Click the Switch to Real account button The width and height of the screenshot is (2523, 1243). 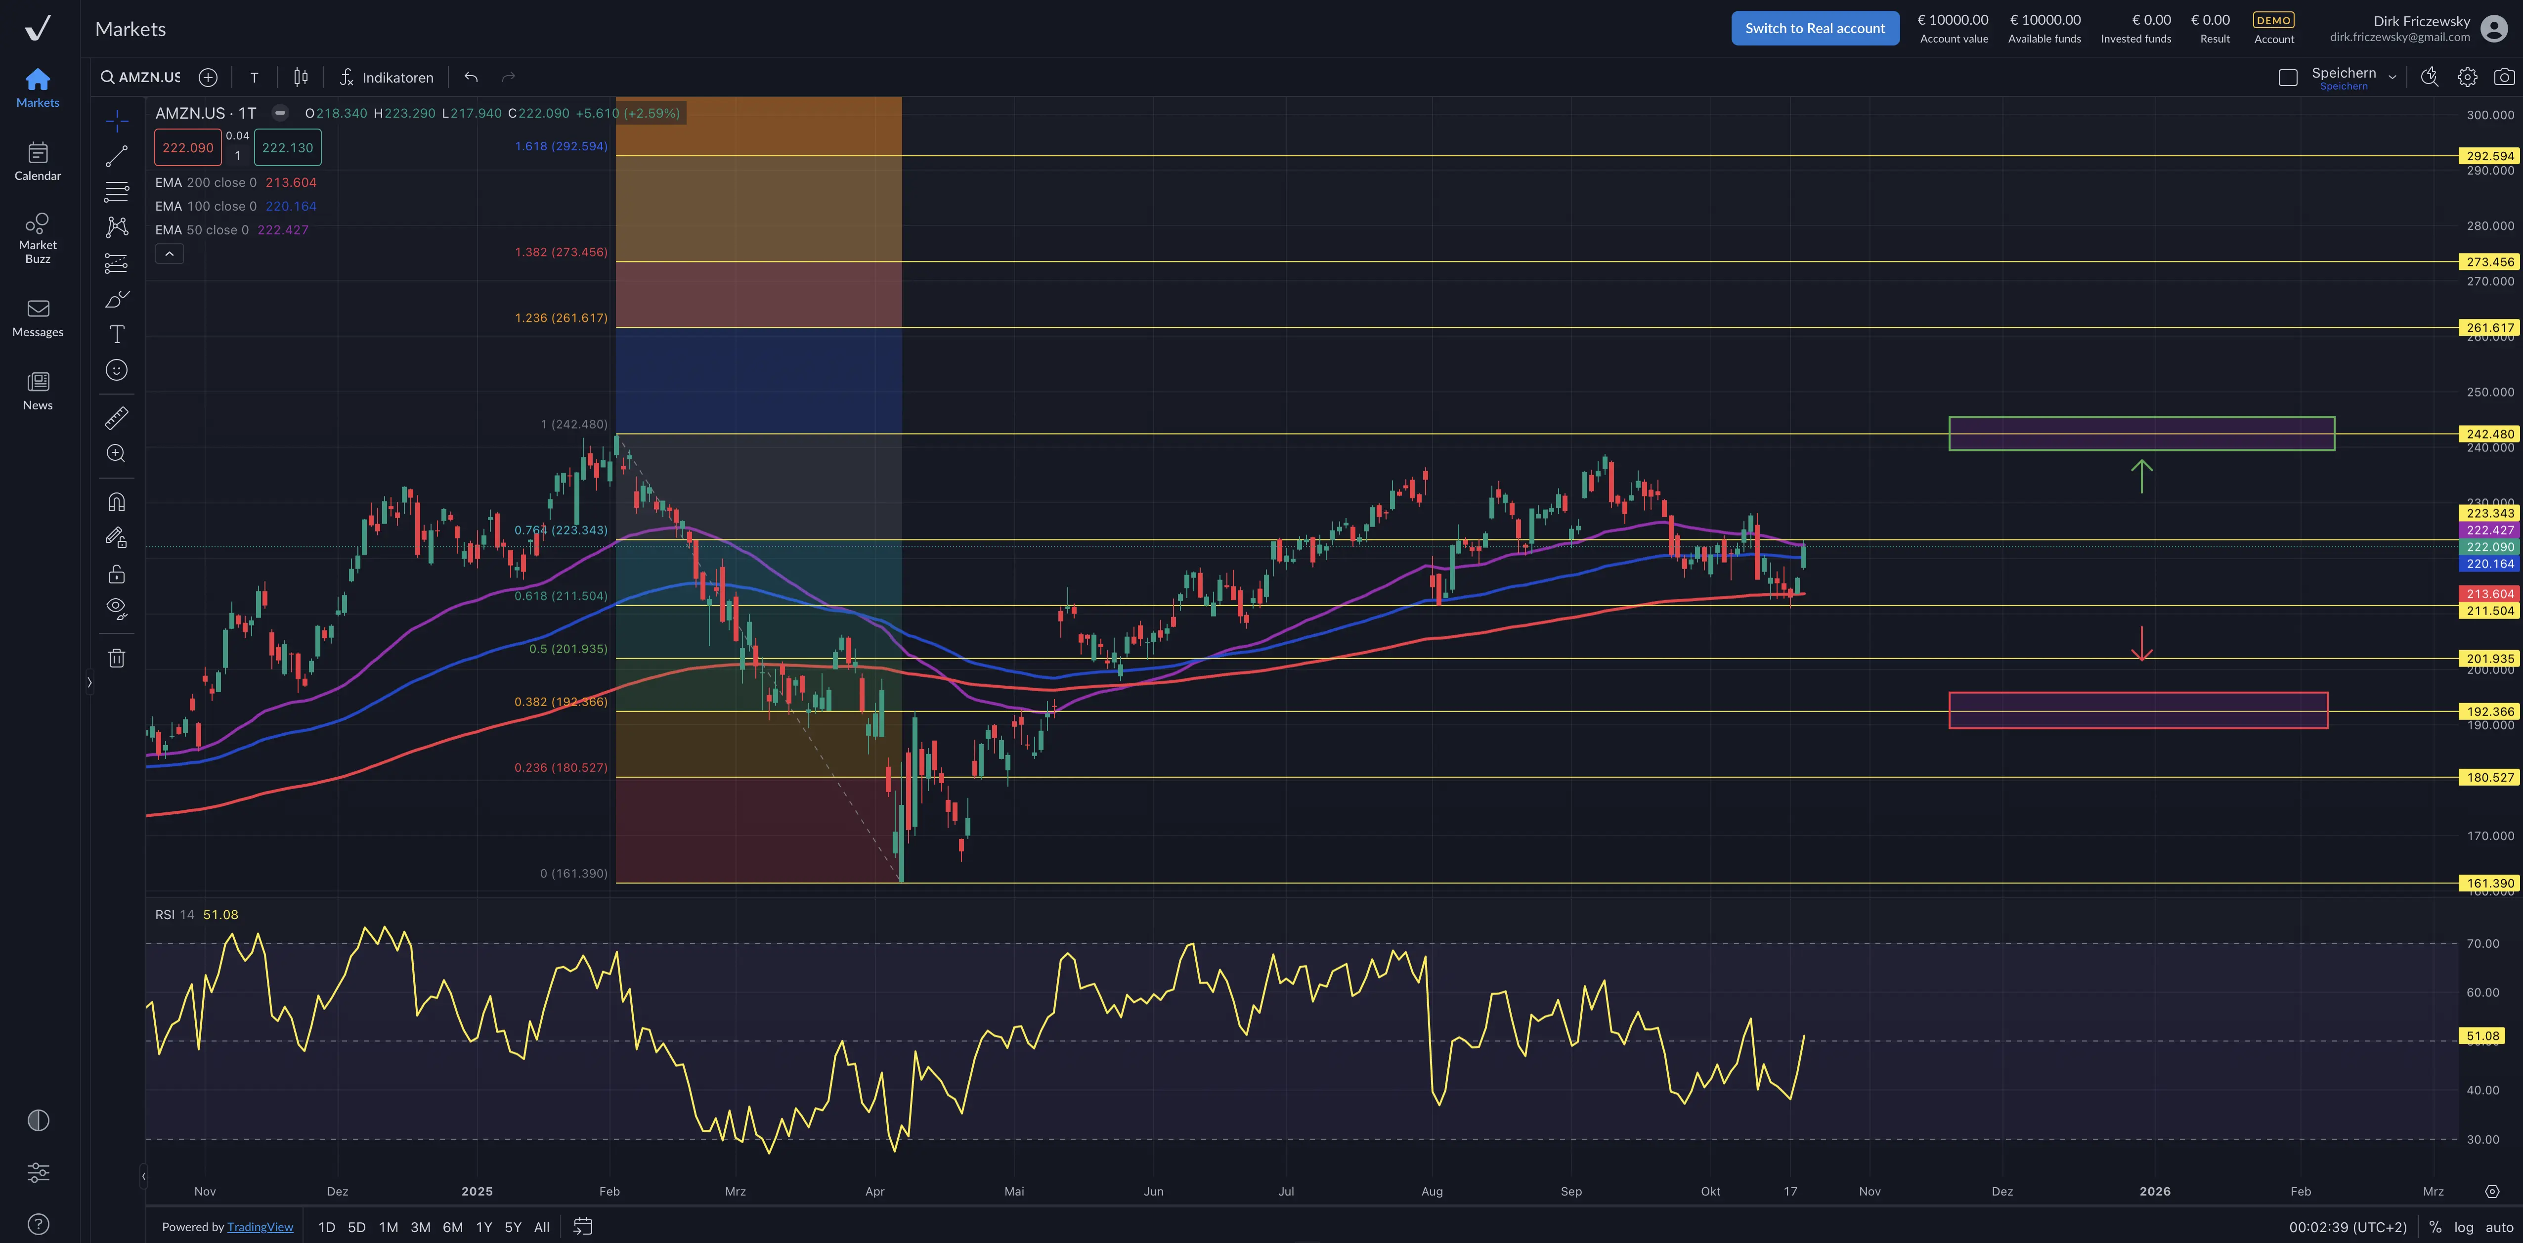point(1814,28)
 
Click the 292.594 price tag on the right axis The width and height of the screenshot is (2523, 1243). point(2489,156)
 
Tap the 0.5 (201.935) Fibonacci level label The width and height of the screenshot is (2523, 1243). point(568,648)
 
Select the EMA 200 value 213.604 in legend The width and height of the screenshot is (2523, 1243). point(291,182)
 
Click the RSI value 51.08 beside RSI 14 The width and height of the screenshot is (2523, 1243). point(220,915)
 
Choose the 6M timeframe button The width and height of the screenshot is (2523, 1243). point(452,1227)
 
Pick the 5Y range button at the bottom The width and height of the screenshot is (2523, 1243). point(512,1227)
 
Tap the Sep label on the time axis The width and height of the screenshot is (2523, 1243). point(1571,1191)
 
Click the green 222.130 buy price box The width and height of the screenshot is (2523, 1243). point(287,148)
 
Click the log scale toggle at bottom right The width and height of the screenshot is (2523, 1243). point(2463,1227)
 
